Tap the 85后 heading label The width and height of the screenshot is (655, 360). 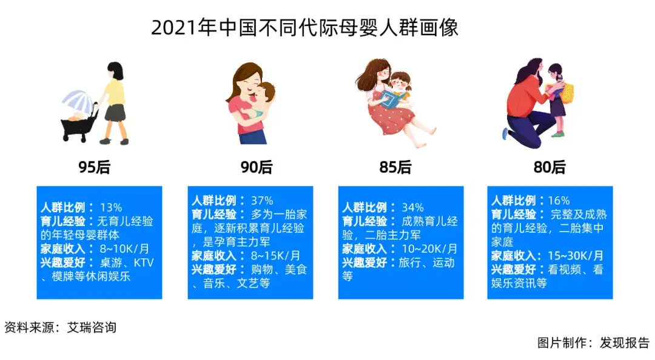click(x=395, y=167)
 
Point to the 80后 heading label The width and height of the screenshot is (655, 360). click(x=549, y=167)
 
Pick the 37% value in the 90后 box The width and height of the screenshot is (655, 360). click(x=261, y=201)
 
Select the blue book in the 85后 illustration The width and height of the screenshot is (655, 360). click(x=395, y=100)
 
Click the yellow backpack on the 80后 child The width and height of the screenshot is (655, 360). click(x=568, y=91)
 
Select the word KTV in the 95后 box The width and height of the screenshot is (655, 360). click(x=143, y=263)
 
